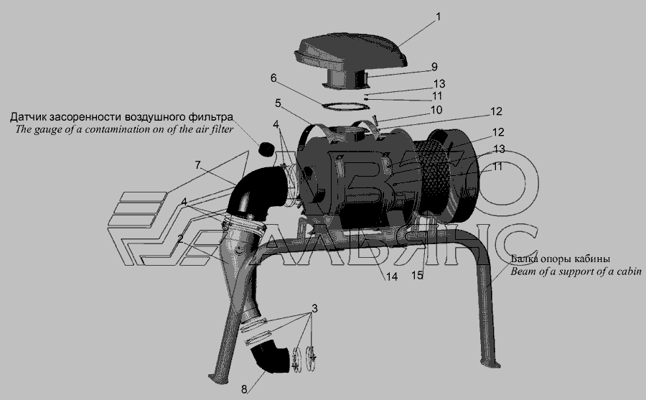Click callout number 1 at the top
click(439, 17)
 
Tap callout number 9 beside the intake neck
click(434, 67)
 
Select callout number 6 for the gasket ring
click(273, 78)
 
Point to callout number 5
click(278, 103)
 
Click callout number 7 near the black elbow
click(198, 165)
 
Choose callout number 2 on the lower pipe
click(180, 238)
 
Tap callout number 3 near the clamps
click(314, 309)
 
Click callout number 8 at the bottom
click(244, 389)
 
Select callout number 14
click(391, 276)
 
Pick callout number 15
click(417, 275)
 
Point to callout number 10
click(436, 110)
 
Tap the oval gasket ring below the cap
click(345, 106)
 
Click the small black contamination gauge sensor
click(266, 149)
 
